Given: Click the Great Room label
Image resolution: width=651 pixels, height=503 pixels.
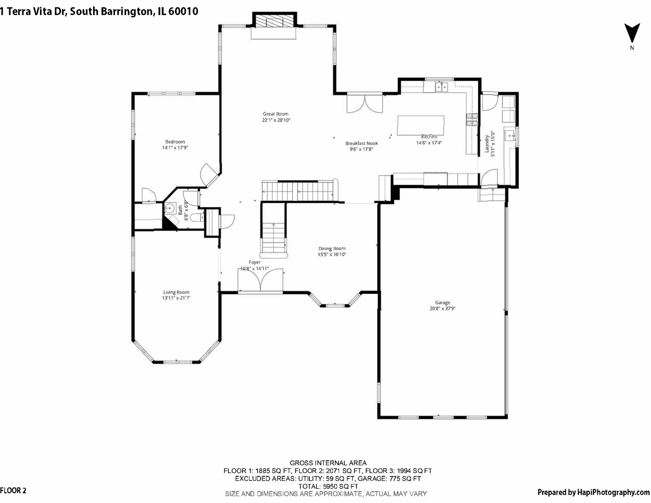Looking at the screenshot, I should (x=276, y=114).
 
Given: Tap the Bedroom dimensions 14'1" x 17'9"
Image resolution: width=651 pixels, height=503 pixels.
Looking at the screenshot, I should (x=175, y=148).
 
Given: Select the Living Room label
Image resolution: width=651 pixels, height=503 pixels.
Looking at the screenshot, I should (x=176, y=292).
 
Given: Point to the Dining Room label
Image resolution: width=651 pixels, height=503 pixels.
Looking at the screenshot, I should (x=332, y=249).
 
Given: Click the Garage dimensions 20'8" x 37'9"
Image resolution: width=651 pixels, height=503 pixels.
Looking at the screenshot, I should (x=442, y=308).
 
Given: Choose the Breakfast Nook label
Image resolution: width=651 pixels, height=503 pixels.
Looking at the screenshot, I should (x=361, y=143).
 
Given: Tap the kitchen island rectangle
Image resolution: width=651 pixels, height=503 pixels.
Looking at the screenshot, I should (x=420, y=125).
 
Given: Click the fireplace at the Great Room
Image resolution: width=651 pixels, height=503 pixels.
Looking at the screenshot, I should (x=274, y=21).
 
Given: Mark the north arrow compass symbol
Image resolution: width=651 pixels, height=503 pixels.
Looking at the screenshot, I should (x=631, y=34).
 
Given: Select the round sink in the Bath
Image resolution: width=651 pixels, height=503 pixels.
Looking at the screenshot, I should (x=170, y=208).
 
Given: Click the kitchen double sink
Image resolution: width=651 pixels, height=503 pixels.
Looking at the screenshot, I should (x=441, y=86).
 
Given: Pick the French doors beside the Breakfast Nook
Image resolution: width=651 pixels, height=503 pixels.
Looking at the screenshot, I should (x=365, y=103).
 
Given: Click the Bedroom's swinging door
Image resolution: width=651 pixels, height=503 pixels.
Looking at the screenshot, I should (x=208, y=175).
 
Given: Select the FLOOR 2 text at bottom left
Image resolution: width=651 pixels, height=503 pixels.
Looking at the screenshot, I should (x=14, y=490).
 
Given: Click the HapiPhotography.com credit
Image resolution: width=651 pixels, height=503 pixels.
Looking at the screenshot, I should (x=593, y=492).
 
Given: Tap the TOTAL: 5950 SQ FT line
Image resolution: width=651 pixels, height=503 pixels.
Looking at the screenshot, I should (x=328, y=486).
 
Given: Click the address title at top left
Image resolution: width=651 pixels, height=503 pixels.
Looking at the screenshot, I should (x=99, y=12).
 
